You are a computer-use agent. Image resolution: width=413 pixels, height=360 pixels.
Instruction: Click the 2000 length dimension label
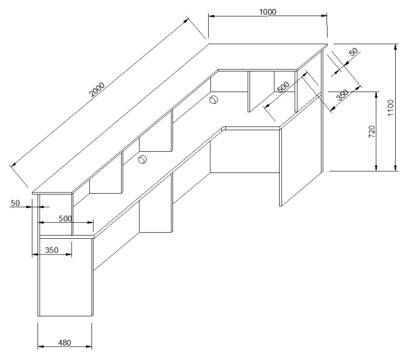tap(97, 89)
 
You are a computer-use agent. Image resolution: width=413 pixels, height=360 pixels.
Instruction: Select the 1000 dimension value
tap(267, 12)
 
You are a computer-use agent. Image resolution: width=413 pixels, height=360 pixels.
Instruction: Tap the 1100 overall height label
tap(391, 108)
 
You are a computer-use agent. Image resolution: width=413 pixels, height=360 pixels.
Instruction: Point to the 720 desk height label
tap(372, 131)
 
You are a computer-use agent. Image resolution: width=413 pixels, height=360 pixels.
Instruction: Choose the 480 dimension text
tap(65, 343)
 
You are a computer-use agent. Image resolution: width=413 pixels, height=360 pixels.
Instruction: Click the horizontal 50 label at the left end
tap(15, 203)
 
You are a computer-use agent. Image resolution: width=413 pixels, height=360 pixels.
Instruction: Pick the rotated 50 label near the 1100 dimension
tap(354, 51)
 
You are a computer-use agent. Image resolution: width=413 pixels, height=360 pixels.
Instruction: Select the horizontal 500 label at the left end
tap(65, 219)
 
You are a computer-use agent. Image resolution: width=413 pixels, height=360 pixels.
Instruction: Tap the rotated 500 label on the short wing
tap(284, 87)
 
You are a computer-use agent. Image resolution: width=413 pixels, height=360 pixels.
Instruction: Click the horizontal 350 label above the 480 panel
tap(51, 250)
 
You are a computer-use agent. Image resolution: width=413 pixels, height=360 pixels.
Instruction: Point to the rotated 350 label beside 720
tap(343, 95)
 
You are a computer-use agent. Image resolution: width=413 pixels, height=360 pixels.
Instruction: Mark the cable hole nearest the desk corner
tap(214, 100)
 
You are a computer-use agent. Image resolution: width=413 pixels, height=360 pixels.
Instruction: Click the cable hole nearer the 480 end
tap(142, 159)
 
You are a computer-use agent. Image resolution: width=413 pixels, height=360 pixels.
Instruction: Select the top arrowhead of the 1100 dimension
tap(395, 47)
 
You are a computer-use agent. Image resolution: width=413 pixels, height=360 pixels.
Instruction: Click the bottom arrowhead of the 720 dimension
tap(376, 168)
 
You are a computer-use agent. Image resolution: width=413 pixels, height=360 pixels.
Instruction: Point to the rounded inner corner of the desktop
tap(224, 128)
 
